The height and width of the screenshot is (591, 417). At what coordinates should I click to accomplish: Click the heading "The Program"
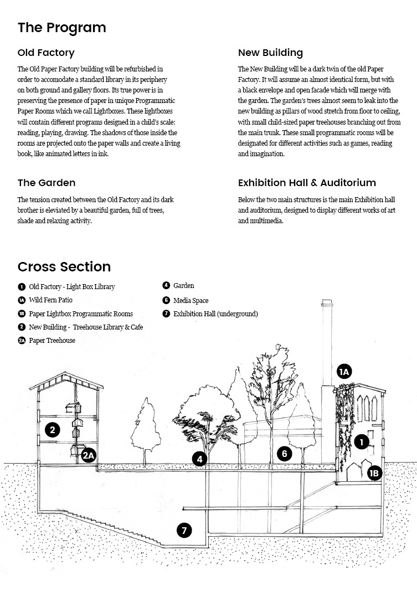(62, 28)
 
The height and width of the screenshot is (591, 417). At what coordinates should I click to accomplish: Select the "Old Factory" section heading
(46, 53)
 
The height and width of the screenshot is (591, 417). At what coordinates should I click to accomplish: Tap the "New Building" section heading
(270, 53)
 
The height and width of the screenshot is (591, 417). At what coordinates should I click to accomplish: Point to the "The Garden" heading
(47, 183)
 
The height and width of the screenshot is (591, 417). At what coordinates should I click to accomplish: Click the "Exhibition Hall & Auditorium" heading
(307, 183)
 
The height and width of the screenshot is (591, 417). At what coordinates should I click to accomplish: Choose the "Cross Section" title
(64, 267)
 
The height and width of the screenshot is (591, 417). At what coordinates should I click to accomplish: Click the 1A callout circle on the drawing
(344, 372)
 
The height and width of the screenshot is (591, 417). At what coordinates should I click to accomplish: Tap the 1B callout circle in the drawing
(374, 473)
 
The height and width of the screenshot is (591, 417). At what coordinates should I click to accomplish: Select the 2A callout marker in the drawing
(89, 456)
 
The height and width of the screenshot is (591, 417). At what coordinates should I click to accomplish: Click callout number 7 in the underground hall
(184, 531)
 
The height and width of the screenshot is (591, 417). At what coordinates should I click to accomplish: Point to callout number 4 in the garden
(200, 459)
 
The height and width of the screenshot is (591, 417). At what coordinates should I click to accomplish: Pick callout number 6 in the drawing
(285, 454)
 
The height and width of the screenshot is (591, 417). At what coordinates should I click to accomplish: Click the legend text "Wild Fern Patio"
(50, 300)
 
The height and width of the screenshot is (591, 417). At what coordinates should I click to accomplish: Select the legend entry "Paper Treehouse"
(52, 340)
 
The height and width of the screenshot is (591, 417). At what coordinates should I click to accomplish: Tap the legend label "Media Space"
(191, 300)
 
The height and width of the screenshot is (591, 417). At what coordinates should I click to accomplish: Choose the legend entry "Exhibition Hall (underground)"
(215, 314)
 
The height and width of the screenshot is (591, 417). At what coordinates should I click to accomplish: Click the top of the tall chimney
(327, 300)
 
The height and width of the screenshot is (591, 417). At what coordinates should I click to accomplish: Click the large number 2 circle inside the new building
(53, 430)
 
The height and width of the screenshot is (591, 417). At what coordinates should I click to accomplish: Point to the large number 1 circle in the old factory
(362, 442)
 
